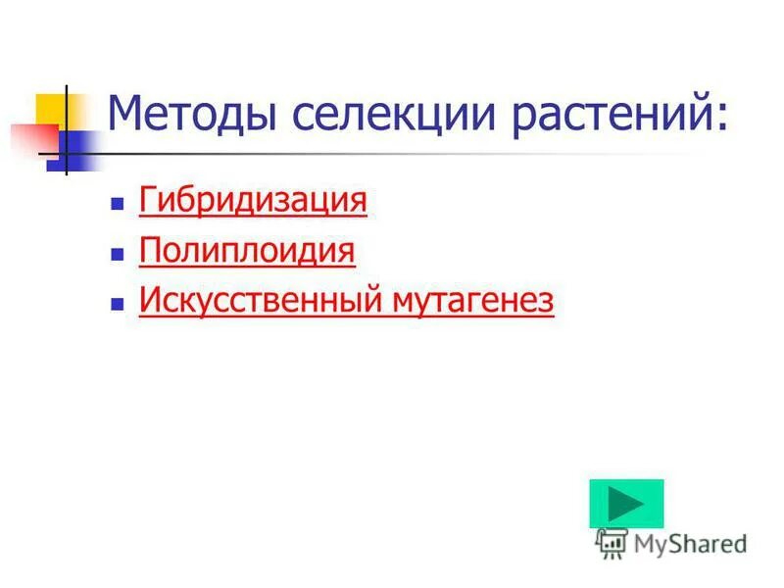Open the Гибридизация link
tap(253, 201)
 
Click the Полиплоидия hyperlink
tap(247, 251)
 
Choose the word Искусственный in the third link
tap(263, 301)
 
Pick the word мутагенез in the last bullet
tap(474, 301)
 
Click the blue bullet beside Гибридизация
tap(117, 205)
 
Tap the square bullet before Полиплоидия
tap(117, 255)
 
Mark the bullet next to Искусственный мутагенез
tap(117, 305)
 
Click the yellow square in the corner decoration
tap(51, 109)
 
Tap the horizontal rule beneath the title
tap(392, 154)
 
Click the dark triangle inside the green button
tap(625, 504)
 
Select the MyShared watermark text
tap(690, 543)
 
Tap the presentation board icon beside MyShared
tap(612, 542)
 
